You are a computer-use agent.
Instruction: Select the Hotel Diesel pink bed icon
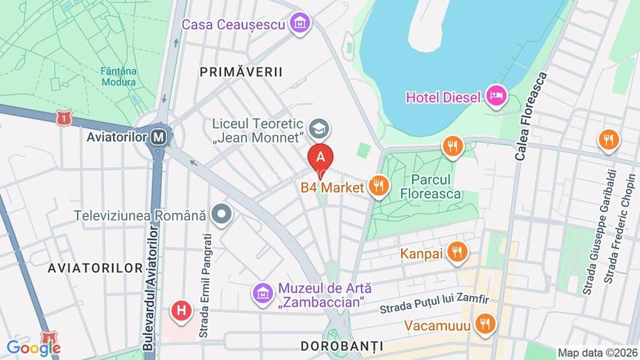(496, 95)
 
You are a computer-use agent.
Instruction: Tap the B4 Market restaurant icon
(378, 186)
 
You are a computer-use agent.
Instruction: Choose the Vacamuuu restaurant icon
(485, 324)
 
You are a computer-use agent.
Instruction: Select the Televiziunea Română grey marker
(223, 213)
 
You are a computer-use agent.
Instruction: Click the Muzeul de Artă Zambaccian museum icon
(263, 292)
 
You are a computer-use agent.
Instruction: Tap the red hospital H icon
(182, 310)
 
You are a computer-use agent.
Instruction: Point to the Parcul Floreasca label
(430, 187)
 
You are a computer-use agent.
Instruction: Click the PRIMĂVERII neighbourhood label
(241, 71)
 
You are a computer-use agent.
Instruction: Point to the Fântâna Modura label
(119, 76)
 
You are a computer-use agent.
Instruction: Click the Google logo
(33, 348)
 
